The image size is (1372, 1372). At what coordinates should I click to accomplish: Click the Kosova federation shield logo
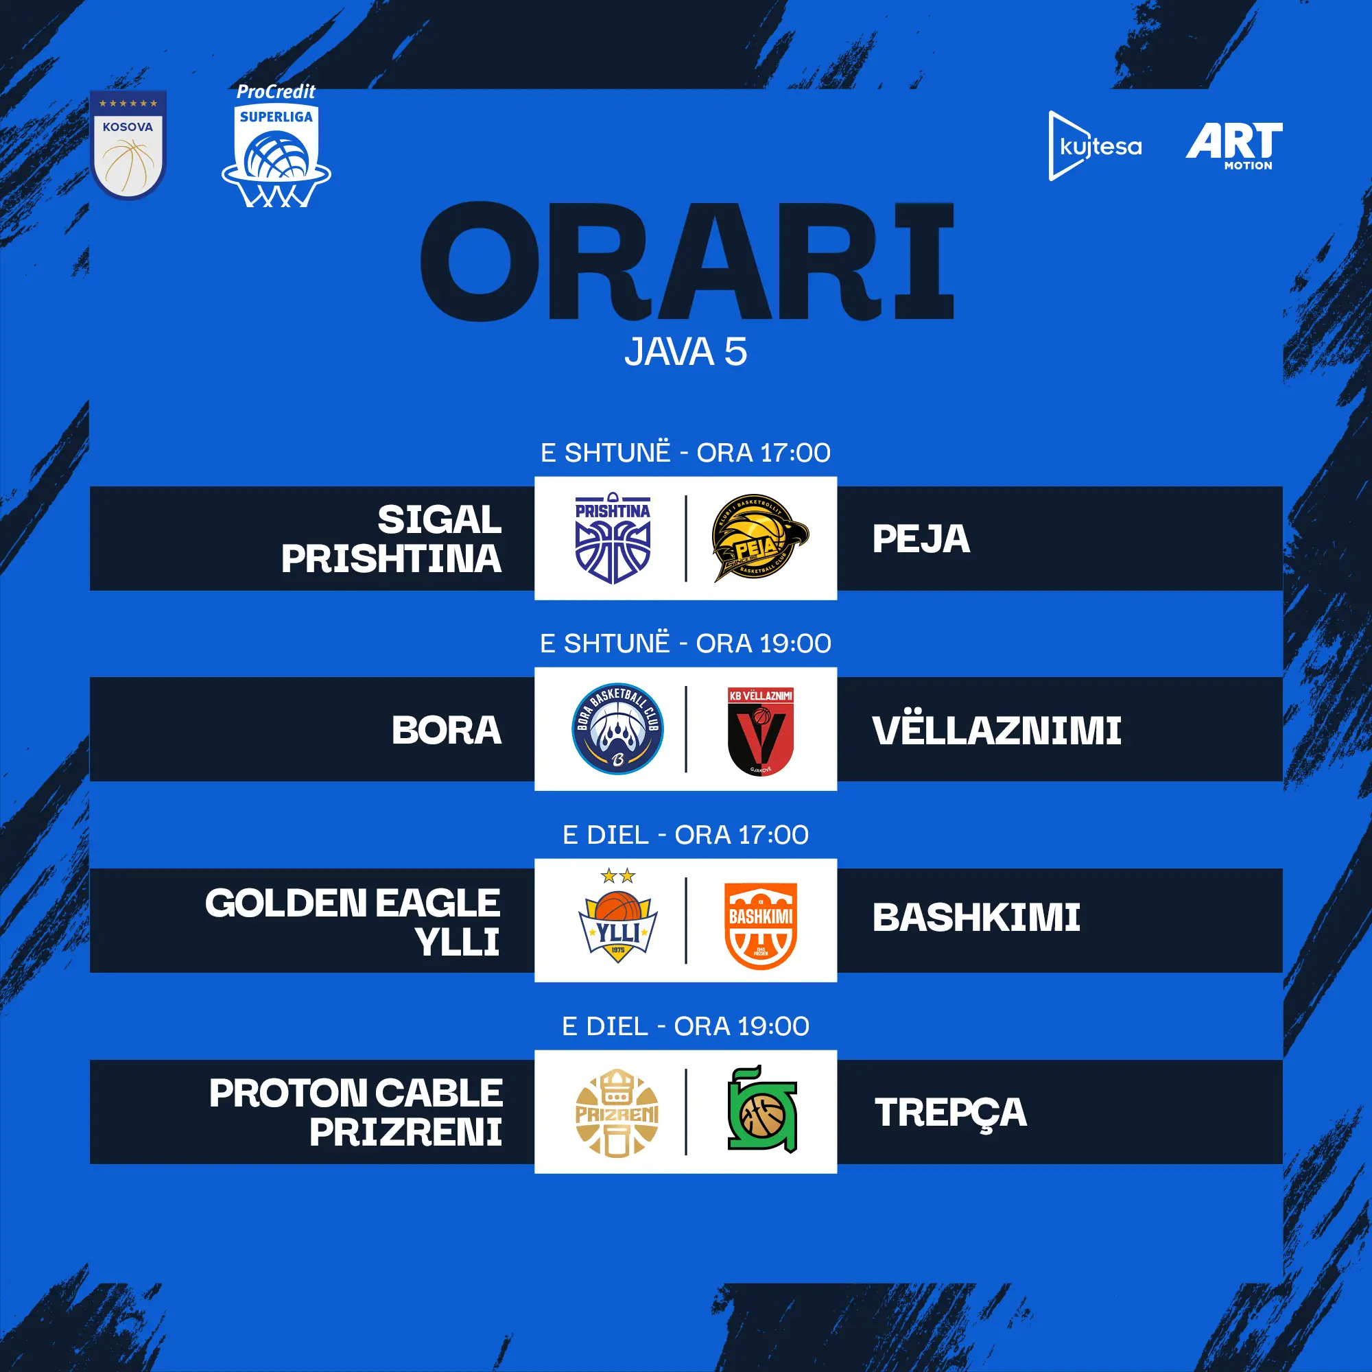[128, 145]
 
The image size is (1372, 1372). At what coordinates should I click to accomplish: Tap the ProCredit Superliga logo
[276, 145]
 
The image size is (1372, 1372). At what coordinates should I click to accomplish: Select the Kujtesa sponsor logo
[1095, 145]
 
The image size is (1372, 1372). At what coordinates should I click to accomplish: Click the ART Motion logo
[1234, 145]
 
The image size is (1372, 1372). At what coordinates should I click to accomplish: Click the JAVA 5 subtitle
[686, 351]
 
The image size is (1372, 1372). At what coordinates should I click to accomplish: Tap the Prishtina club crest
[613, 539]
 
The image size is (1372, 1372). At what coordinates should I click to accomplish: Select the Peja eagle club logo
[760, 538]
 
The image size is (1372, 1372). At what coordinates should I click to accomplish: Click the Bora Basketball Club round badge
[618, 729]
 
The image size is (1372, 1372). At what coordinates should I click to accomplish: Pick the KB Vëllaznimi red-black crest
[761, 731]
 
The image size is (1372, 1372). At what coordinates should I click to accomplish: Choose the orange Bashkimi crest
[761, 926]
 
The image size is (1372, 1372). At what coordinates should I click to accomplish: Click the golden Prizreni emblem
[617, 1113]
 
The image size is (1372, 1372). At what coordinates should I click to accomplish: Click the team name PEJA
[921, 539]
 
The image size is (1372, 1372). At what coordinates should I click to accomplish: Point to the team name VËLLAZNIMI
[997, 729]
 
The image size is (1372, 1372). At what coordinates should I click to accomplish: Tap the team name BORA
[447, 730]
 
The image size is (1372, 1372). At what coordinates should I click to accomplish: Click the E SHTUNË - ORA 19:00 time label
[685, 643]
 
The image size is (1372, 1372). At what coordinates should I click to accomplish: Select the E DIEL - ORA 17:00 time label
[685, 834]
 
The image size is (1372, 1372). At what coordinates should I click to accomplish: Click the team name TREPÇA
[951, 1113]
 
